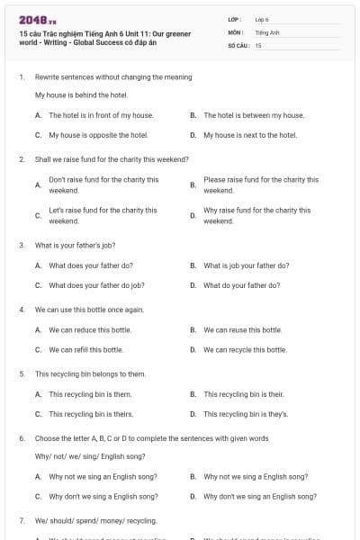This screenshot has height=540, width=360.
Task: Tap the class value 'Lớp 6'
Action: tap(262, 18)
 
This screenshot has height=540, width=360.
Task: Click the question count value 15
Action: tap(258, 45)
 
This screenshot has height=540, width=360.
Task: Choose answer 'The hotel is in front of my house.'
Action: tap(101, 115)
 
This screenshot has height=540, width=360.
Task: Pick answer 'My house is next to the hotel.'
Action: tap(249, 135)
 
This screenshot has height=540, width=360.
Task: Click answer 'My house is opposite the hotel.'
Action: tap(98, 135)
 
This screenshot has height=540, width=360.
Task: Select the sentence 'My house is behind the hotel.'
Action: tap(81, 94)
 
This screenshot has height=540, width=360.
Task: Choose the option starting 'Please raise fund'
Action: tap(261, 184)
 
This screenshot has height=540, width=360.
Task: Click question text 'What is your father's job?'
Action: tap(76, 245)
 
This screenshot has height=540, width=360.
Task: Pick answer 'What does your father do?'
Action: tap(91, 265)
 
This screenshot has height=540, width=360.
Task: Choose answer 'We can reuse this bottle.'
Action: tap(242, 329)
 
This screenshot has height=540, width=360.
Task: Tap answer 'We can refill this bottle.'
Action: tap(85, 349)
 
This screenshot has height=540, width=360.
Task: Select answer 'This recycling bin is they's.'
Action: tap(246, 414)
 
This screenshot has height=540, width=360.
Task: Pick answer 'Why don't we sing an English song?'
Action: tap(259, 496)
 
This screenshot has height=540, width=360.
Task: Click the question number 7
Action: tap(21, 520)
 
